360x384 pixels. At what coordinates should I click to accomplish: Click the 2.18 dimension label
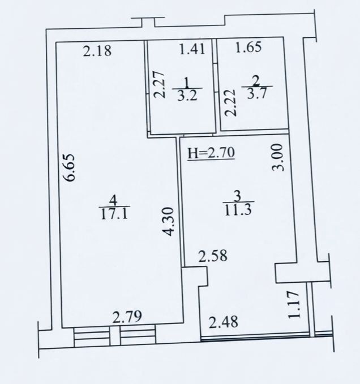pyautogui.click(x=97, y=51)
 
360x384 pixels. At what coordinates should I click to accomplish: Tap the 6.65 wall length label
pyautogui.click(x=71, y=167)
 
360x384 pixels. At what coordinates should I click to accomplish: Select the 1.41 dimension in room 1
pyautogui.click(x=192, y=48)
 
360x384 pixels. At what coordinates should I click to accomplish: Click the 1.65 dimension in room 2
pyautogui.click(x=248, y=47)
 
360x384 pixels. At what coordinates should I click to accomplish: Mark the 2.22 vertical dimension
pyautogui.click(x=230, y=102)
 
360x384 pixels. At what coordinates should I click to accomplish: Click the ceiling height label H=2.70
pyautogui.click(x=211, y=153)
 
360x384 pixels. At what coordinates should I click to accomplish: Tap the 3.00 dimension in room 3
pyautogui.click(x=277, y=157)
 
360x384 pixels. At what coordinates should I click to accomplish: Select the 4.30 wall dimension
pyautogui.click(x=169, y=222)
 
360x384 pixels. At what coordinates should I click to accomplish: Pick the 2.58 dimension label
pyautogui.click(x=213, y=256)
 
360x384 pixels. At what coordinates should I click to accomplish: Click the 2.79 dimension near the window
pyautogui.click(x=127, y=316)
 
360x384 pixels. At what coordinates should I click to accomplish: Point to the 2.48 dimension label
pyautogui.click(x=223, y=322)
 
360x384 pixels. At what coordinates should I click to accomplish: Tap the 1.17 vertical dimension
pyautogui.click(x=294, y=304)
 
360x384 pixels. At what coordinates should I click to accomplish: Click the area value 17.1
pyautogui.click(x=114, y=214)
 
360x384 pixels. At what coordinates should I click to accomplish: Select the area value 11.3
pyautogui.click(x=238, y=210)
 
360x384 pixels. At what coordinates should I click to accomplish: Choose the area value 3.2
pyautogui.click(x=187, y=96)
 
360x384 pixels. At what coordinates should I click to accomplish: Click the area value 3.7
pyautogui.click(x=256, y=93)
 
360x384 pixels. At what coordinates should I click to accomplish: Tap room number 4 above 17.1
pyautogui.click(x=113, y=201)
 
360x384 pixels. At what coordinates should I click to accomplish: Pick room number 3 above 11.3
pyautogui.click(x=237, y=196)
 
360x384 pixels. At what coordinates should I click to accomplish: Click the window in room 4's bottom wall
pyautogui.click(x=115, y=335)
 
